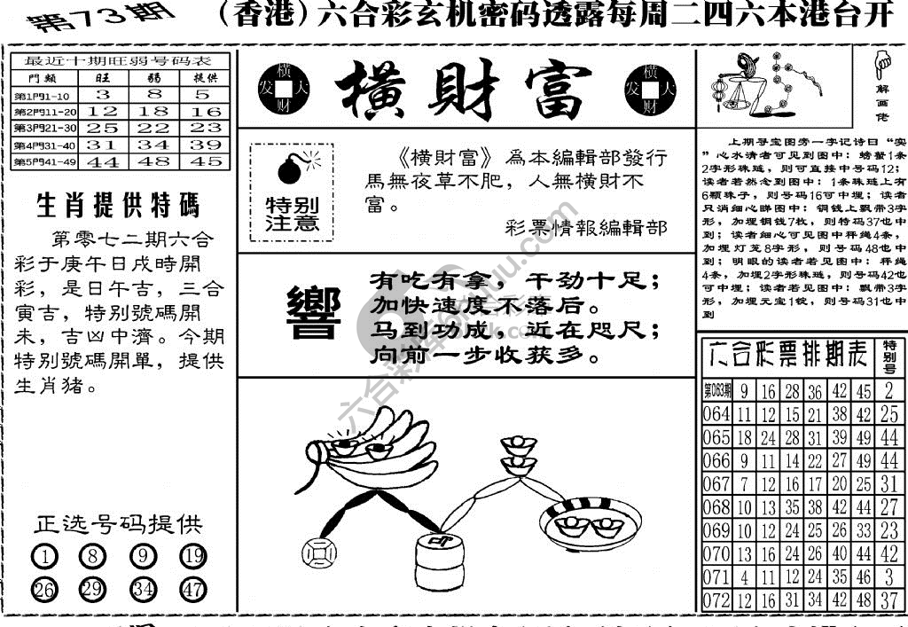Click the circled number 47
[193, 589]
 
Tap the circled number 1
[44, 557]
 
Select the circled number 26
[44, 589]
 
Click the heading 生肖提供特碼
[118, 206]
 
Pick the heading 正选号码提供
[118, 524]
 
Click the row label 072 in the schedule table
[716, 600]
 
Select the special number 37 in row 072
[889, 600]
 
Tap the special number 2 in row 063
[889, 392]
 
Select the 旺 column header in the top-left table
[103, 77]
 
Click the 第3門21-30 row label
[44, 128]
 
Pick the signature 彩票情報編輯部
[585, 228]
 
